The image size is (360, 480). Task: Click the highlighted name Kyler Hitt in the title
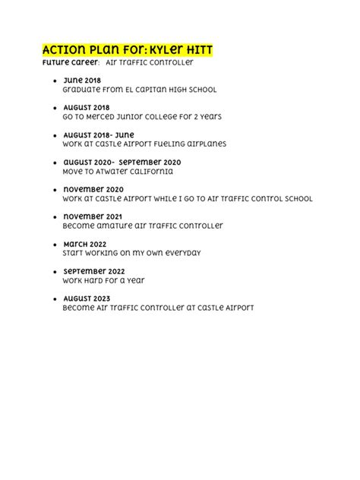pos(182,49)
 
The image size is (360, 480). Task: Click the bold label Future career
pos(65,62)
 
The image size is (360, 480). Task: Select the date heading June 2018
pos(81,80)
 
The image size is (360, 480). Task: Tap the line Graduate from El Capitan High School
pos(140,90)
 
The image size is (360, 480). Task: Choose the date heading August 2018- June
pos(98,134)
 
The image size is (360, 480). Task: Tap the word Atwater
pos(115,172)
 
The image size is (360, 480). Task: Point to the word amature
pos(117,226)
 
